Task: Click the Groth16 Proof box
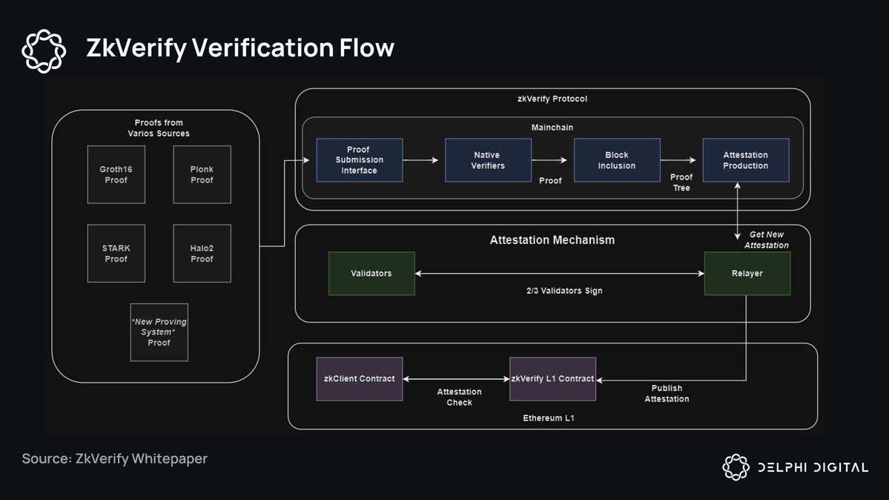(x=116, y=174)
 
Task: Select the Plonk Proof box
(x=202, y=174)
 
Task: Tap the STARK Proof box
(x=116, y=253)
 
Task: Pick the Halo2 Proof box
(x=202, y=253)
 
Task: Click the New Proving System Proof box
(x=159, y=332)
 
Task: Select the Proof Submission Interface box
(x=360, y=160)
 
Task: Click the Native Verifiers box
(x=488, y=160)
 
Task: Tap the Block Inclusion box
(x=617, y=160)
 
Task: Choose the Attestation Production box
(x=745, y=160)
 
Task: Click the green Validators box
(x=371, y=273)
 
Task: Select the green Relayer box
(x=747, y=273)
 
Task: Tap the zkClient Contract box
(x=359, y=378)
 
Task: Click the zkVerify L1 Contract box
(x=552, y=378)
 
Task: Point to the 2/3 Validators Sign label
(x=559, y=291)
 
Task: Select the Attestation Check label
(x=459, y=397)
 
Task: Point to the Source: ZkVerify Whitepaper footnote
(x=115, y=458)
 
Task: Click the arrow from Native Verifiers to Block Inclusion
(x=552, y=159)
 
